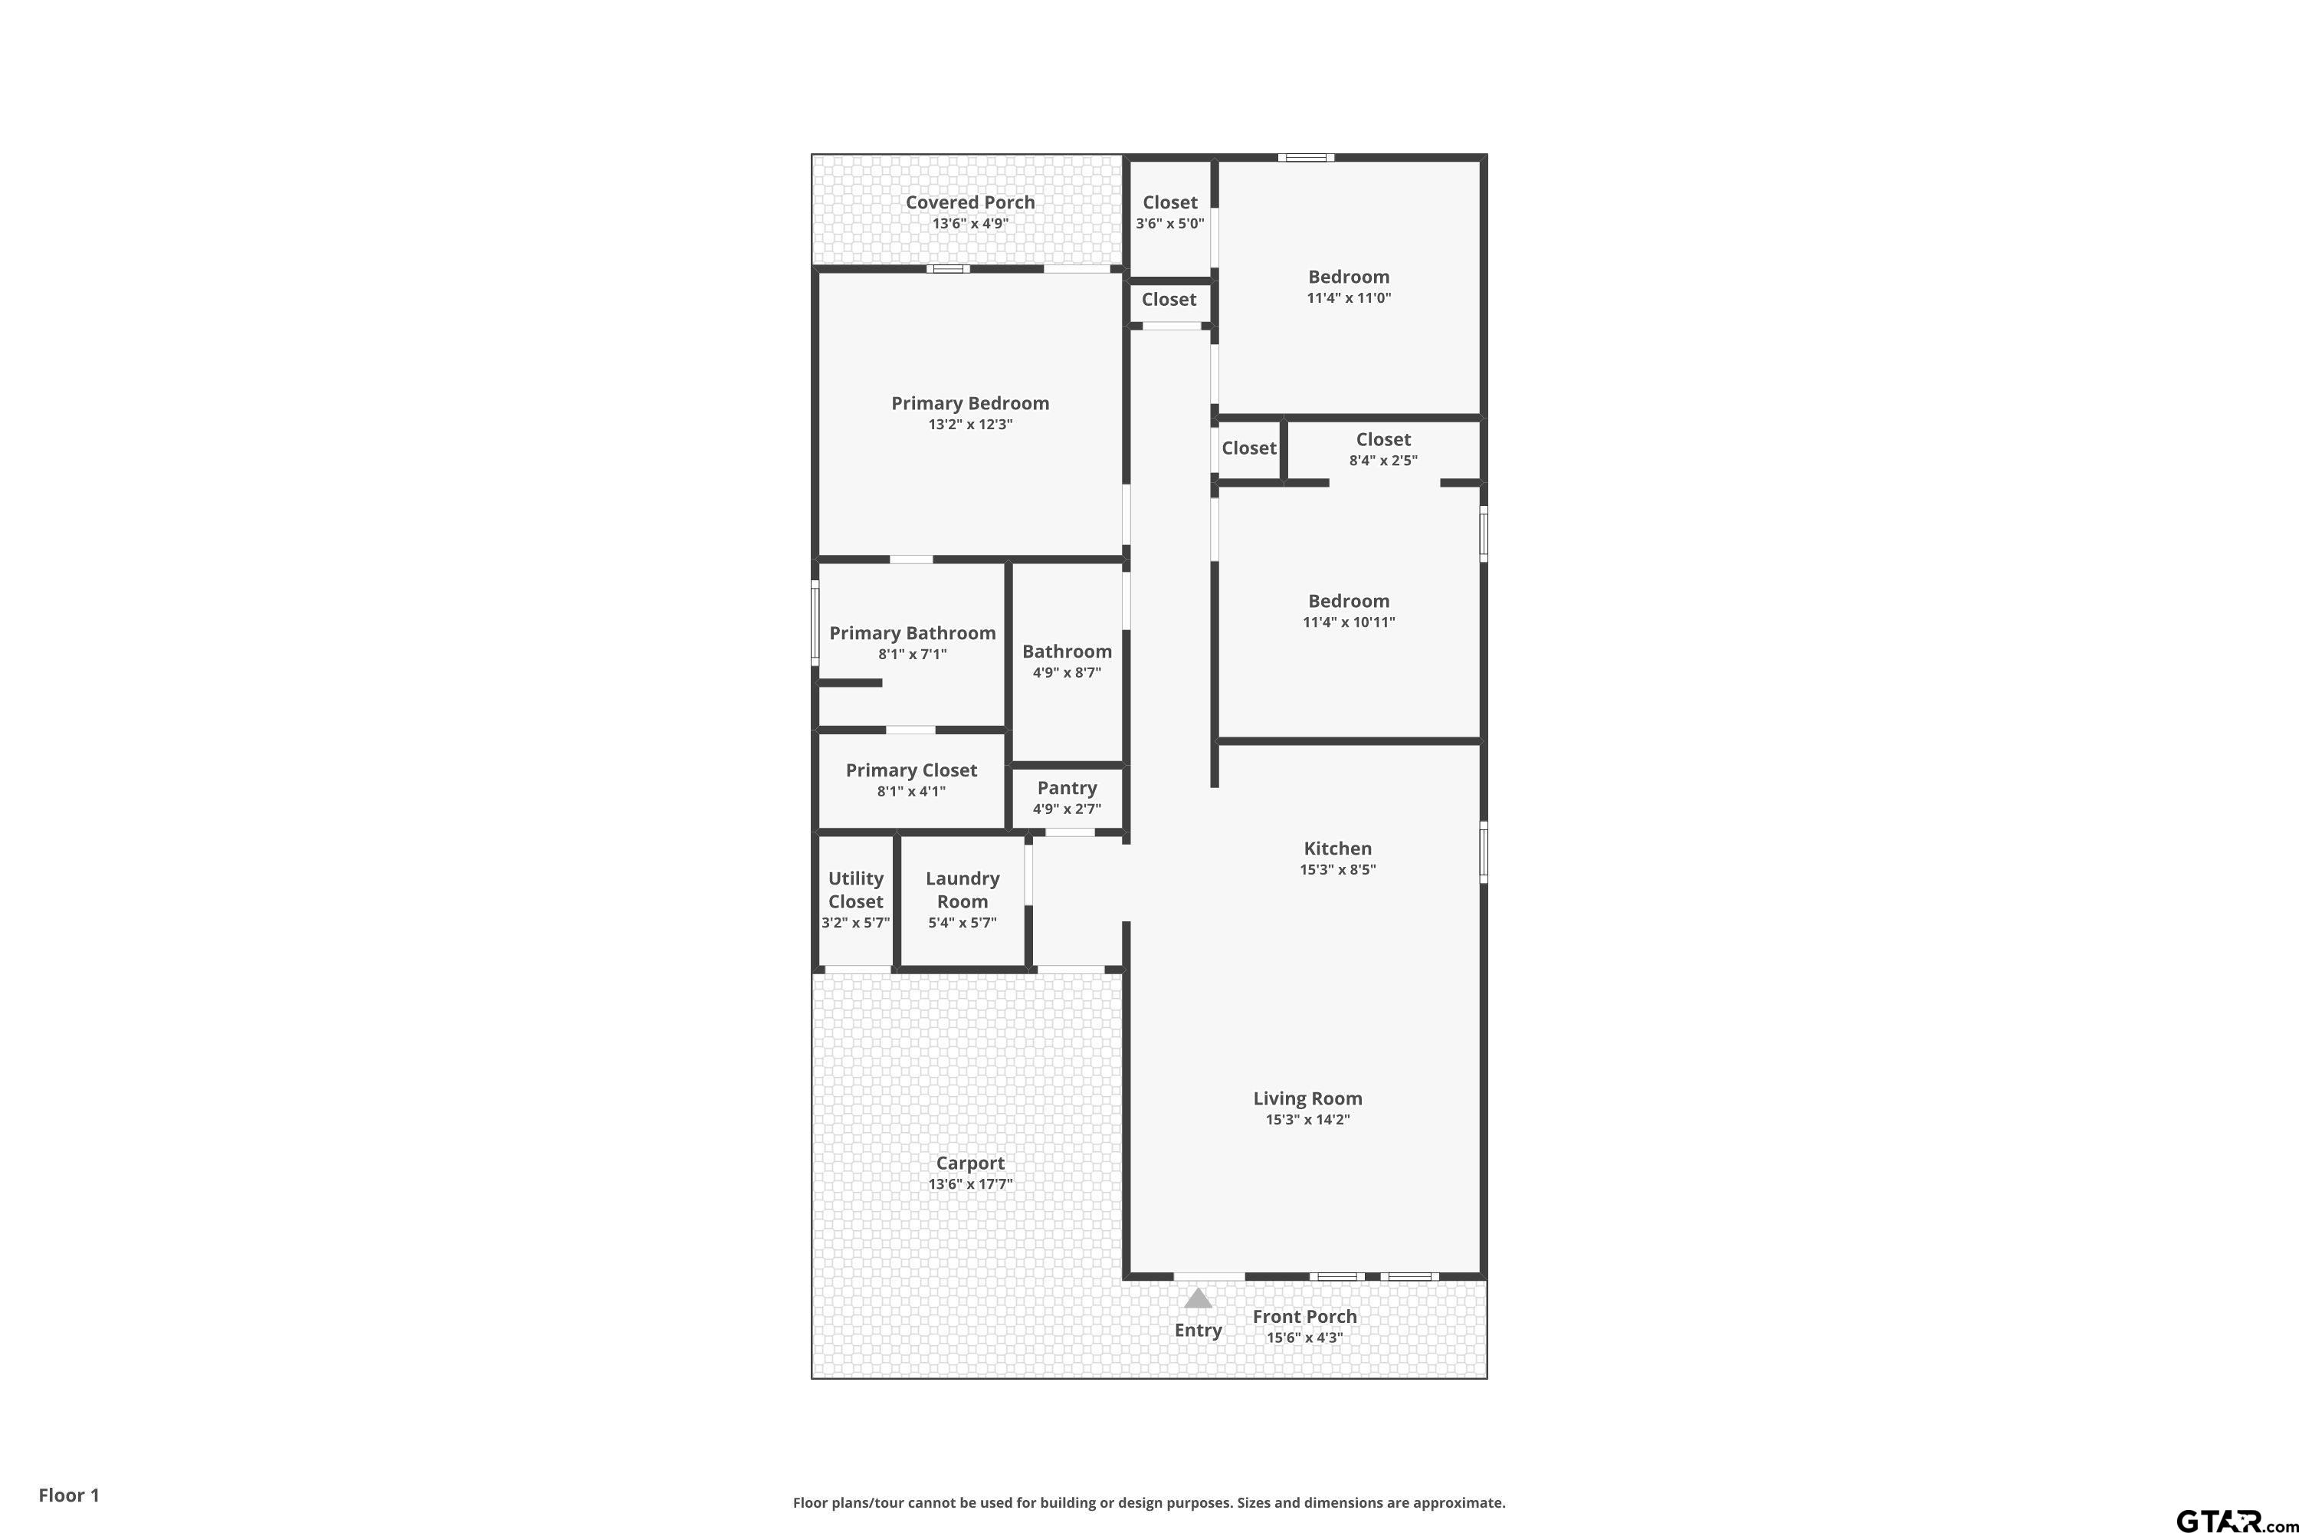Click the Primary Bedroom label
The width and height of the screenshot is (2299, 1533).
tap(969, 404)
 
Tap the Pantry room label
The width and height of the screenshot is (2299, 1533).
tap(1067, 788)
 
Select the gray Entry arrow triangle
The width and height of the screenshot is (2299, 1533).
tap(1199, 1298)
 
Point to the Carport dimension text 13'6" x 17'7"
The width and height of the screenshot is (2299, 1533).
tap(969, 1184)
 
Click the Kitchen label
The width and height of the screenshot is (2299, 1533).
tap(1337, 849)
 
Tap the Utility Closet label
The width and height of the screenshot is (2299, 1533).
tap(855, 890)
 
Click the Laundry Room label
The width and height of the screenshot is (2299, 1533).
tap(962, 890)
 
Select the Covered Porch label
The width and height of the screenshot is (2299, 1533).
tap(969, 202)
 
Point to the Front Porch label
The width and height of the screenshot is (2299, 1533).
tap(1304, 1317)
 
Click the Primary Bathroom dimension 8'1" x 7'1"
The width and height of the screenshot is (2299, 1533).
tap(912, 654)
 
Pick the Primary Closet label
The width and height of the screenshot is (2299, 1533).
tap(911, 770)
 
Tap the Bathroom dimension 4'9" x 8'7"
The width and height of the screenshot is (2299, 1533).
tap(1067, 673)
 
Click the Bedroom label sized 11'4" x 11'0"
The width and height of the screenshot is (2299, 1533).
tap(1348, 277)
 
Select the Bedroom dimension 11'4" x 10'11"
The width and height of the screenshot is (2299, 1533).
tap(1348, 622)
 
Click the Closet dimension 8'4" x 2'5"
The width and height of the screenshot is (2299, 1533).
tap(1383, 461)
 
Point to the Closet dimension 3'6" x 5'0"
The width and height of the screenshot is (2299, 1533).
tap(1169, 223)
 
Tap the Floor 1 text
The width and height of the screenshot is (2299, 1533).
tap(68, 1495)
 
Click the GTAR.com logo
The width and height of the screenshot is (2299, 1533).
tap(2235, 1520)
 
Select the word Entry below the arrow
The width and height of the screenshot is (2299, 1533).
tap(1199, 1331)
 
